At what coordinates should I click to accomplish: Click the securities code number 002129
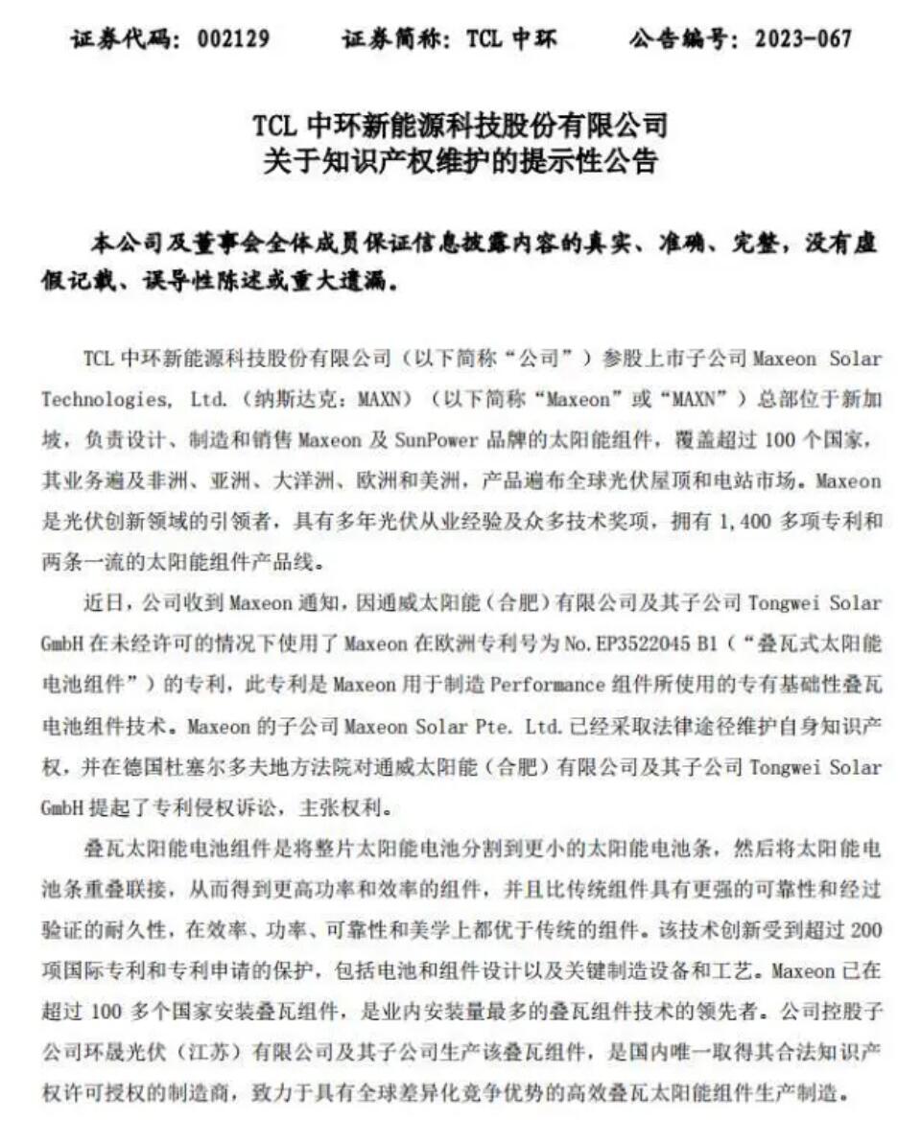pos(232,39)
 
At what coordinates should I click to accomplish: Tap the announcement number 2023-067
pos(803,39)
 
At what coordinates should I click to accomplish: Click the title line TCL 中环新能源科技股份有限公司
pos(460,125)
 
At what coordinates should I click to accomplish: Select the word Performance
pos(543,687)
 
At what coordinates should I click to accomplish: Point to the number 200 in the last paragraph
pos(863,932)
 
